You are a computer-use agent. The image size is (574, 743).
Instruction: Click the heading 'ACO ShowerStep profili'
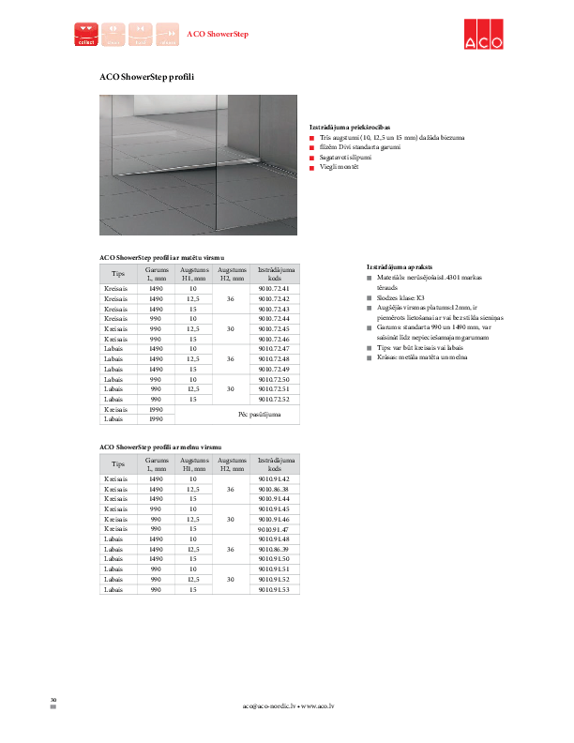click(x=146, y=76)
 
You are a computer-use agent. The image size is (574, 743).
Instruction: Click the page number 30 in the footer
click(x=53, y=700)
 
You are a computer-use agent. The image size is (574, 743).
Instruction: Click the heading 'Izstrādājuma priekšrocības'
click(x=350, y=127)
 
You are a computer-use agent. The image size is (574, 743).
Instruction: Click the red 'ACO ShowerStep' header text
click(x=218, y=34)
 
